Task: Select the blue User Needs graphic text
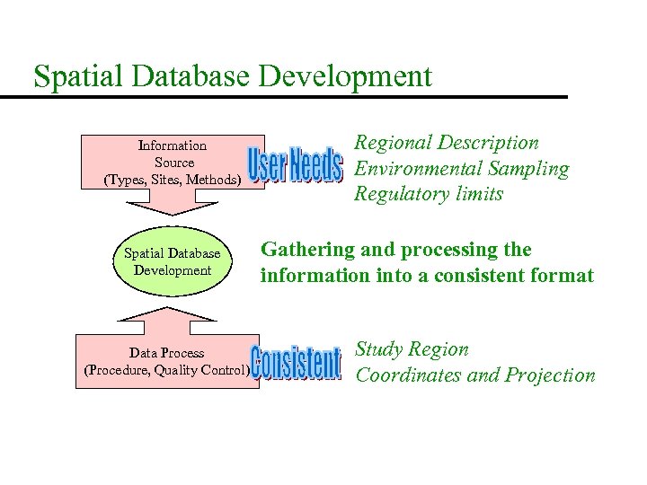click(x=295, y=165)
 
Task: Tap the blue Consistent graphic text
click(x=296, y=364)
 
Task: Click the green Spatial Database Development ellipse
click(x=172, y=262)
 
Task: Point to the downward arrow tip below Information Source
click(x=172, y=214)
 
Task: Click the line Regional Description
click(x=447, y=143)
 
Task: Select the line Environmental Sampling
click(x=462, y=169)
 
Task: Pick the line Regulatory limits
click(x=429, y=194)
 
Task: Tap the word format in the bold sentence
click(x=563, y=276)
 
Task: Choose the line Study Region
click(x=412, y=349)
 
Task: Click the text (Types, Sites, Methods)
click(x=173, y=180)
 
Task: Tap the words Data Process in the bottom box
click(x=167, y=353)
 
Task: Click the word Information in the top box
click(x=173, y=145)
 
